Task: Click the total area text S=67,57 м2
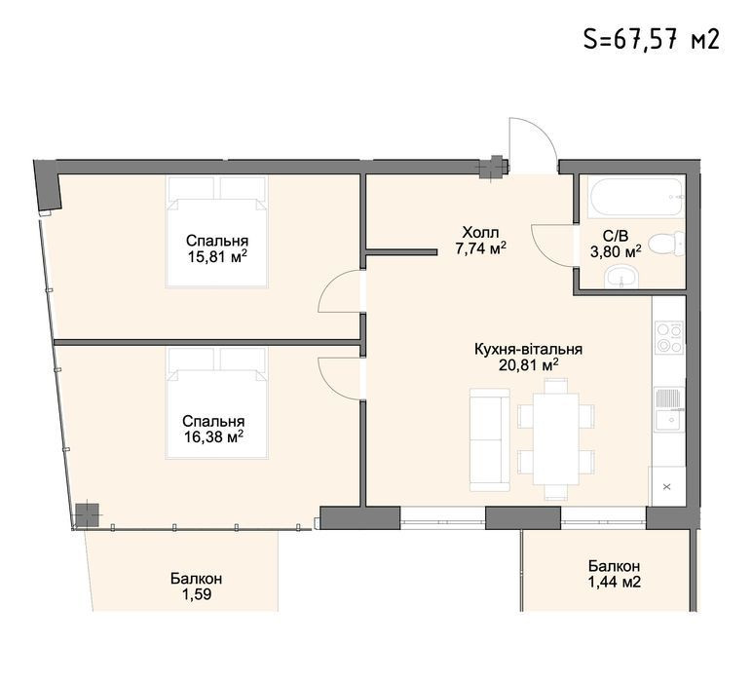pyautogui.click(x=652, y=38)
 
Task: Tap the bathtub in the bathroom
pyautogui.click(x=636, y=197)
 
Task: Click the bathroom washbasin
pyautogui.click(x=621, y=278)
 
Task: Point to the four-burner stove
pyautogui.click(x=669, y=338)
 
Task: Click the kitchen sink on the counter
pyautogui.click(x=669, y=410)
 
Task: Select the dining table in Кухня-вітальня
pyautogui.click(x=556, y=438)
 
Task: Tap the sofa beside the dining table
pyautogui.click(x=489, y=439)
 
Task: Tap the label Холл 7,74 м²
pyautogui.click(x=480, y=241)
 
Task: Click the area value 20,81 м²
pyautogui.click(x=529, y=366)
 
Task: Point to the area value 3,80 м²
pyautogui.click(x=616, y=251)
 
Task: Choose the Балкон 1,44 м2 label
pyautogui.click(x=615, y=574)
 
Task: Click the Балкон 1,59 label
pyautogui.click(x=196, y=587)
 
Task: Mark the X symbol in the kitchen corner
pyautogui.click(x=666, y=487)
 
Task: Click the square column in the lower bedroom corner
pyautogui.click(x=88, y=514)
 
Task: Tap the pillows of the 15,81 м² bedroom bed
pyautogui.click(x=216, y=187)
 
